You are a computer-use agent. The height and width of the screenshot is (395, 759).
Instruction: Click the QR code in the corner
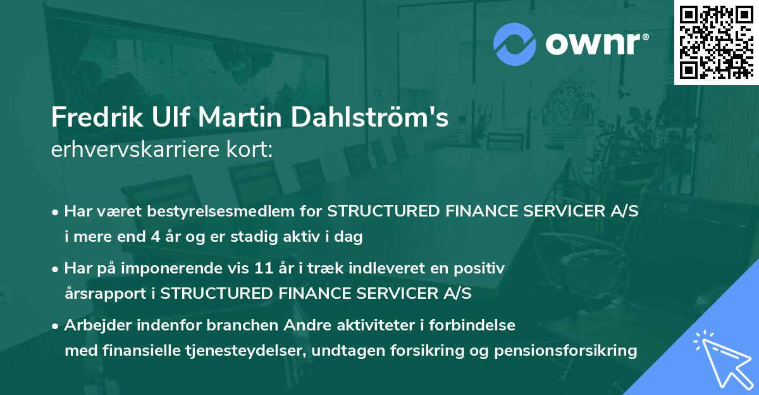tap(716, 42)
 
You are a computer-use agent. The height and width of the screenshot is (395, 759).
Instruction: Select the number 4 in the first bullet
tap(156, 237)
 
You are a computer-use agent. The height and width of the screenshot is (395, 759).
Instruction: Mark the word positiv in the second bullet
tap(483, 268)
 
